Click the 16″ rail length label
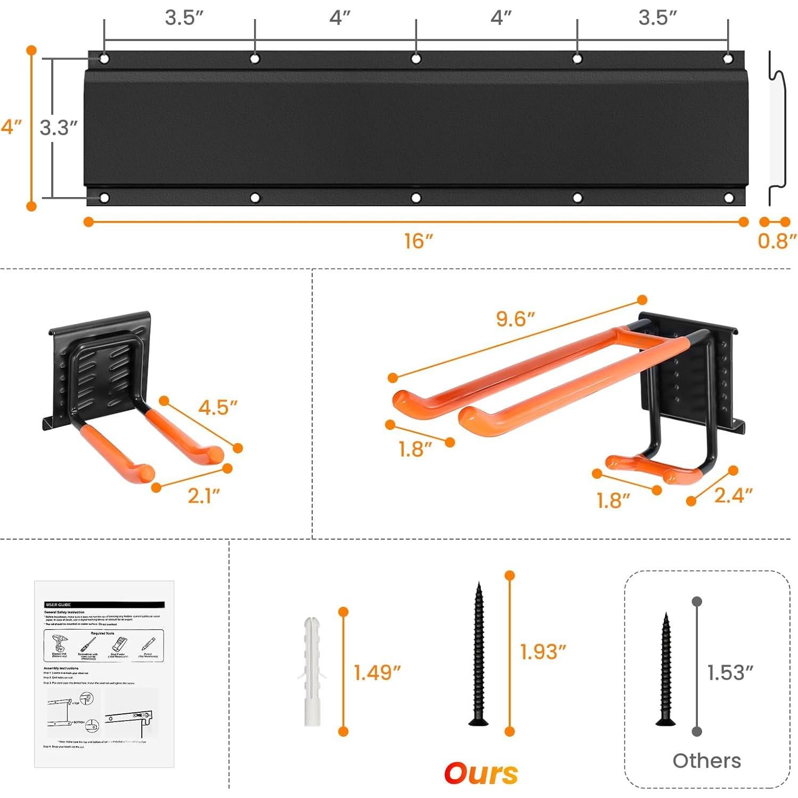418,241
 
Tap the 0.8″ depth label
777,241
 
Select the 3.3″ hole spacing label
59,128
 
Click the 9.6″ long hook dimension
515,319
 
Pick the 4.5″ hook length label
217,408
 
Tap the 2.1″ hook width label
203,495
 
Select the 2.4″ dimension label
733,495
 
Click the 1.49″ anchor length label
377,673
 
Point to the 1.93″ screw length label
542,652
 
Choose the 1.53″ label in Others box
730,673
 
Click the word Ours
481,773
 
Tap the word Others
706,761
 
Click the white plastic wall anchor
312,672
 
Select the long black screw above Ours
478,655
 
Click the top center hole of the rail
416,59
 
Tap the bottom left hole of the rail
104,198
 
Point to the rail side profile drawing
777,128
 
